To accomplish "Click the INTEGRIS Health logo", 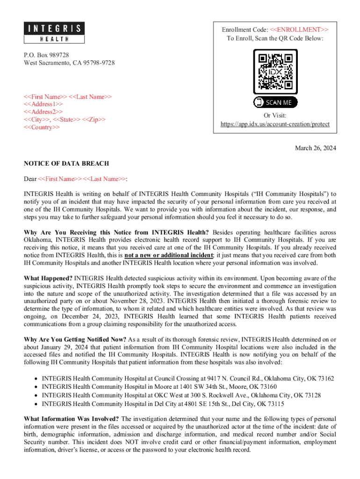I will pyautogui.click(x=54, y=33).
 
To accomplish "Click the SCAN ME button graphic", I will pyautogui.click(x=275, y=102).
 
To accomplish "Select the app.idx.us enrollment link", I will pyautogui.click(x=275, y=124).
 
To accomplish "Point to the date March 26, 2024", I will pyautogui.click(x=315, y=148).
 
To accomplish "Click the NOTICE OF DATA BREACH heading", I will pyautogui.click(x=66, y=164).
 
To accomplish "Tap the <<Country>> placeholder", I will pyautogui.click(x=42, y=128).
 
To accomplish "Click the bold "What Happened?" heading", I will pyautogui.click(x=48, y=279).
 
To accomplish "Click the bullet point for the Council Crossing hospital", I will pyautogui.click(x=36, y=378).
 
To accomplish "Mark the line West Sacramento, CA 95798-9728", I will pyautogui.click(x=69, y=63).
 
